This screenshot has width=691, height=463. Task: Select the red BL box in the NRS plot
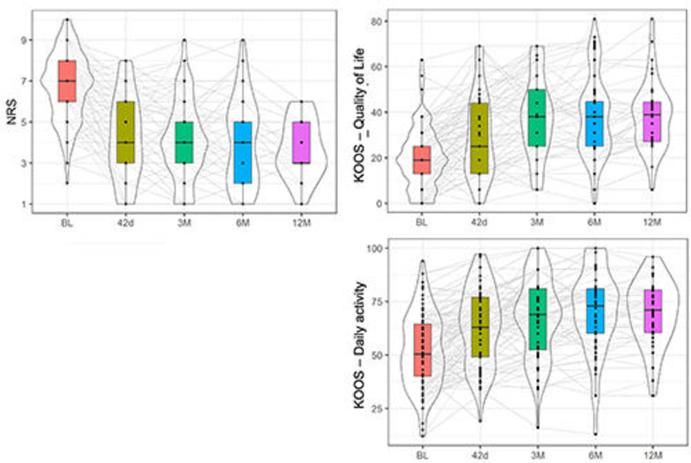tap(67, 81)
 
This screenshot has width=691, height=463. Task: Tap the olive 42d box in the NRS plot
tap(126, 131)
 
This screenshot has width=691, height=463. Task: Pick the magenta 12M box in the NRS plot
tap(301, 142)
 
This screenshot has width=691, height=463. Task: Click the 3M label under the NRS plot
tap(183, 223)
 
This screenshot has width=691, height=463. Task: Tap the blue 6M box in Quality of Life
tap(594, 124)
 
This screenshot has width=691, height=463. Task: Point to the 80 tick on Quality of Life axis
tap(379, 21)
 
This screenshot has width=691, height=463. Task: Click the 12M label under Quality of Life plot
tap(652, 223)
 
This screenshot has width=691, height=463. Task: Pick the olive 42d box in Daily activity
tap(479, 327)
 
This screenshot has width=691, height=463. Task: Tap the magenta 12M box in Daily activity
tap(652, 311)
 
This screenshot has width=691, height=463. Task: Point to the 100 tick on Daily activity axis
tap(377, 247)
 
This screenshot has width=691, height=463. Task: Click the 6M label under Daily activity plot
tap(594, 455)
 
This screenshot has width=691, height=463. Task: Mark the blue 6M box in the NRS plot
tap(243, 152)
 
